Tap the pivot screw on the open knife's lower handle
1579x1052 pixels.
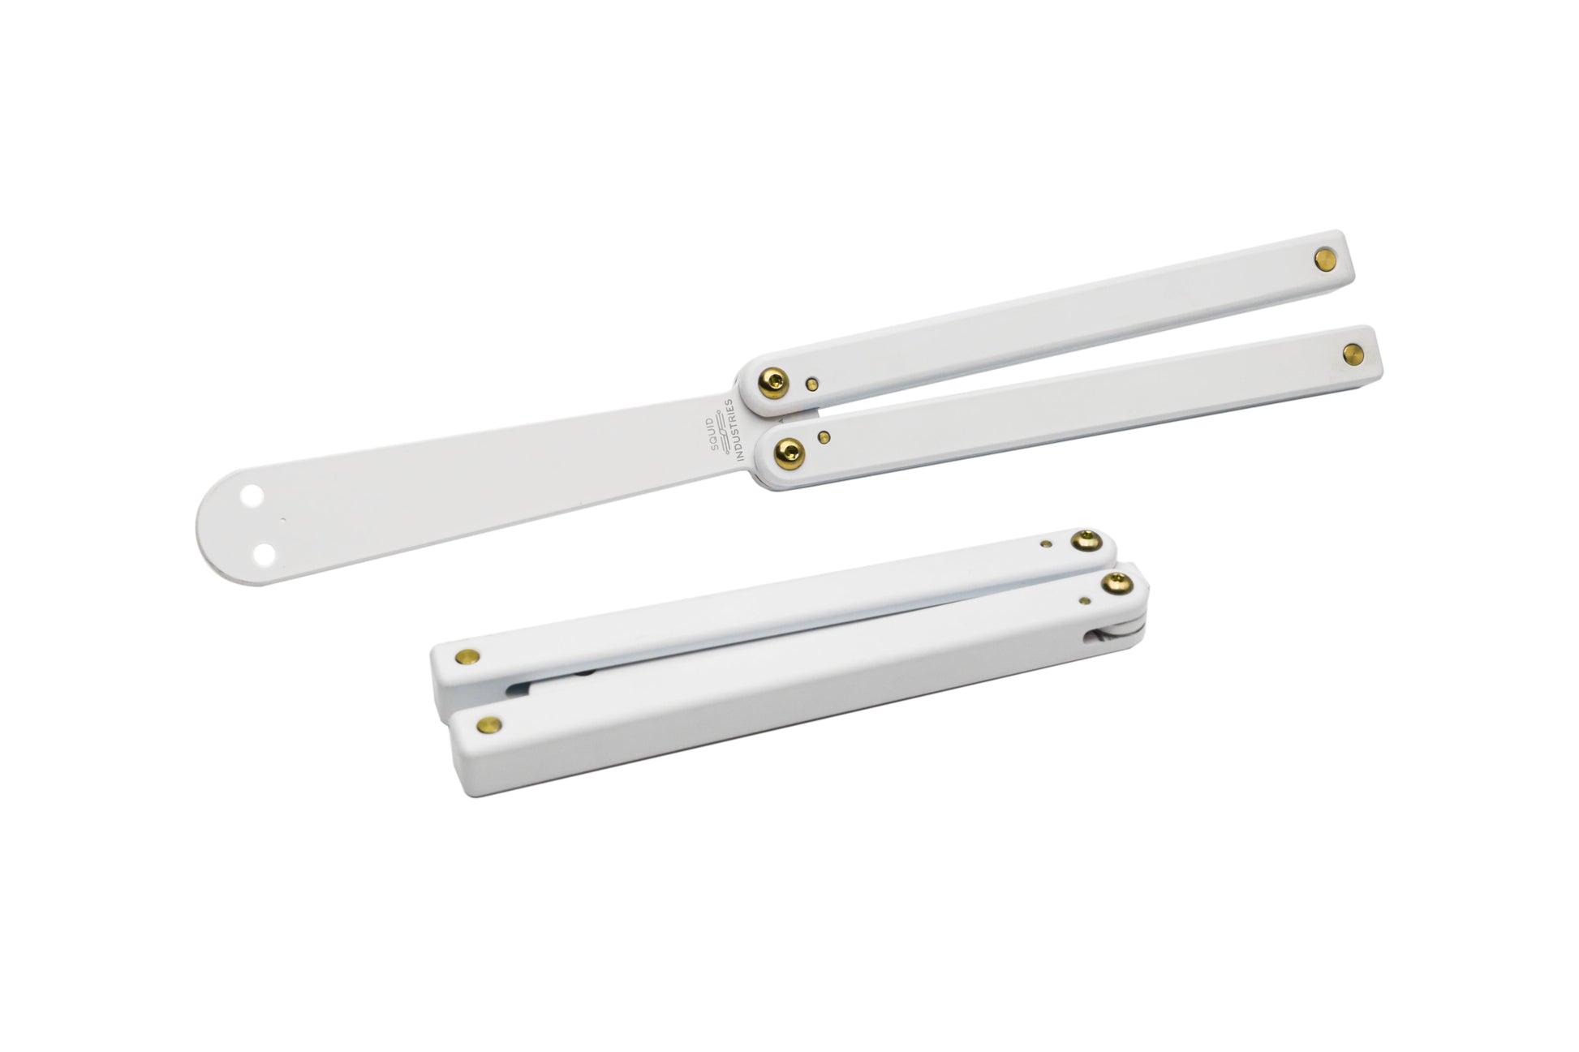tap(789, 453)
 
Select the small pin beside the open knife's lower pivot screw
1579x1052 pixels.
tap(824, 438)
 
